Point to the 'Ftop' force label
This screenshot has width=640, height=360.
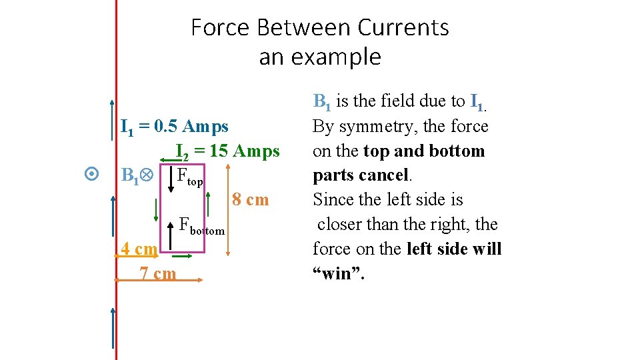(190, 177)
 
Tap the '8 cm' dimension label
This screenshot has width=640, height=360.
(251, 199)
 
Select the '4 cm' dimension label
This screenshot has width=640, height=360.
(138, 249)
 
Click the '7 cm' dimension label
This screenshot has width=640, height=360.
(158, 273)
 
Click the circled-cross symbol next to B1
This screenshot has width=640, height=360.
(147, 175)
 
